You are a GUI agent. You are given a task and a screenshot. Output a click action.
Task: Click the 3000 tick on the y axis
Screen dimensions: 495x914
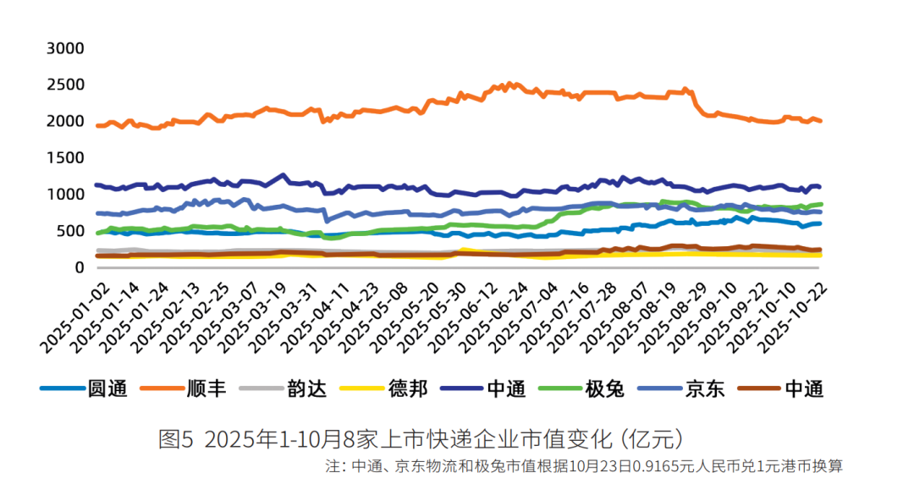pos(65,48)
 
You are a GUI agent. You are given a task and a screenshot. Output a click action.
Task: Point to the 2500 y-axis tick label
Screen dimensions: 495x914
pos(65,85)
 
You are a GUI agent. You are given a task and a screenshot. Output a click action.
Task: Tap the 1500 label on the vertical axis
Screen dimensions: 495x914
pos(65,158)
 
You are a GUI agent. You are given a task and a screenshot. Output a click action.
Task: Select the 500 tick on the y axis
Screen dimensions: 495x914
pos(71,231)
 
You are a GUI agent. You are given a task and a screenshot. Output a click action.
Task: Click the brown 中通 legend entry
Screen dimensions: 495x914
pos(804,388)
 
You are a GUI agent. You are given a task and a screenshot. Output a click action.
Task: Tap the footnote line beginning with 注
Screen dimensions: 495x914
pos(583,466)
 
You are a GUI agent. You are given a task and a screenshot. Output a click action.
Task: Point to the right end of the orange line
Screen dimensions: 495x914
pos(821,121)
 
